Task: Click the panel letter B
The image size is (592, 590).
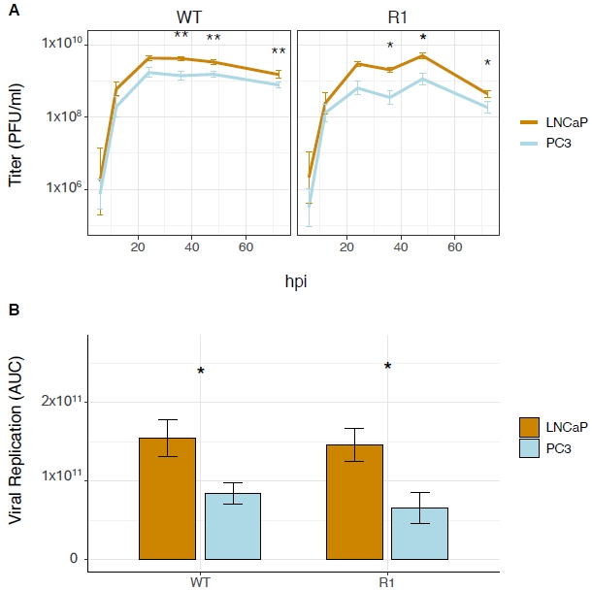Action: coord(13,311)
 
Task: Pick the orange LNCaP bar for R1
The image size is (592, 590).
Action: coord(354,502)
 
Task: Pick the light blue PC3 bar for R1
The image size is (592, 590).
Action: coord(419,533)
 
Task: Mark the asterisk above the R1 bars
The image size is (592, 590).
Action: coord(387,367)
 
